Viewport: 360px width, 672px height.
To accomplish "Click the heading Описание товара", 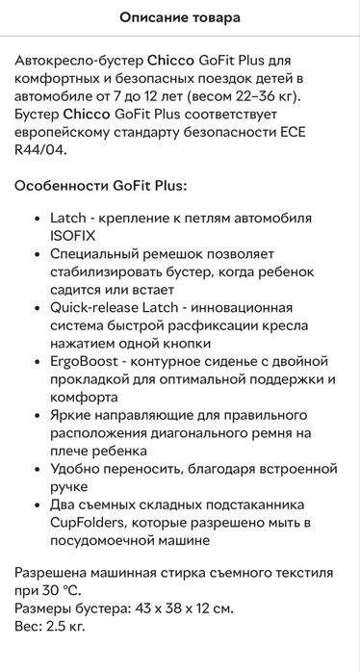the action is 180,18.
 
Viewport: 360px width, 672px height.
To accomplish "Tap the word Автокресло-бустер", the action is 71,60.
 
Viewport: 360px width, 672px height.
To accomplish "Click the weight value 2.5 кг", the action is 66,626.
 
